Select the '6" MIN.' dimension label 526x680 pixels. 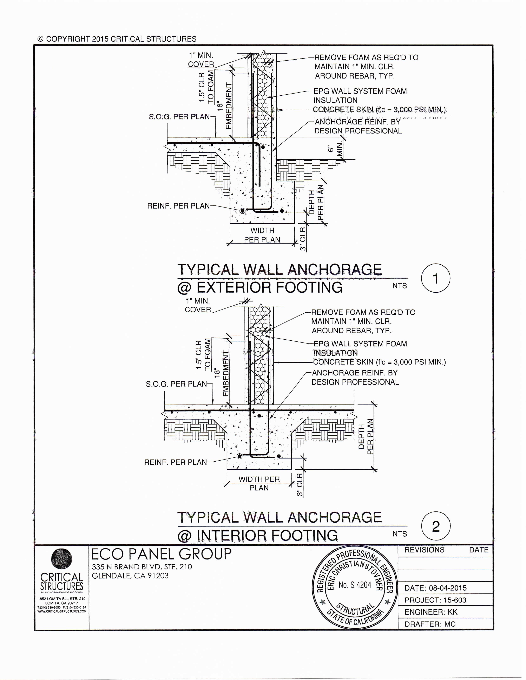tap(335, 149)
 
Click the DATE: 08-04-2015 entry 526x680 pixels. tap(435, 588)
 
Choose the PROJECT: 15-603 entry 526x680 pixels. tap(435, 600)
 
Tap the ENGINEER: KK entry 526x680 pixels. tap(431, 612)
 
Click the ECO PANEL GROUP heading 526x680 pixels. tap(162, 554)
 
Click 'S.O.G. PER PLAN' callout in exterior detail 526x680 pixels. tap(179, 117)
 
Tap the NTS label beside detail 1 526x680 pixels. tap(400, 286)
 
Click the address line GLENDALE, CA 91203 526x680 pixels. tap(130, 576)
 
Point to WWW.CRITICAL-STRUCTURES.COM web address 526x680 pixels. tap(62, 611)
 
